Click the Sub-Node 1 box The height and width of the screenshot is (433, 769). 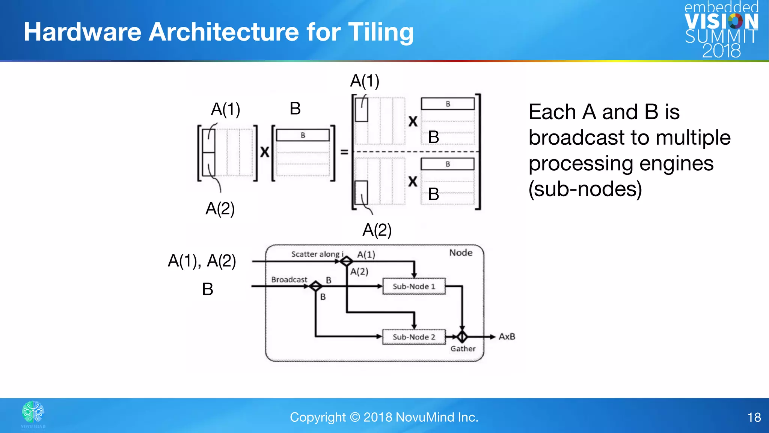[414, 286]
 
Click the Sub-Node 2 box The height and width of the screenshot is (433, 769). [414, 337]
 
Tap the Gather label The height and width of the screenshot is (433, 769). [463, 349]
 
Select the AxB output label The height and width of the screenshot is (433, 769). [507, 336]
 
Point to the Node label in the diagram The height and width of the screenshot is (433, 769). [461, 253]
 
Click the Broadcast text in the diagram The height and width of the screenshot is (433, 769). [289, 280]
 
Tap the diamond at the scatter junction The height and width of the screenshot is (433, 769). [346, 261]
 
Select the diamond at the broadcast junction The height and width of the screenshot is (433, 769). [316, 286]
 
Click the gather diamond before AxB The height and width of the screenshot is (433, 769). [462, 336]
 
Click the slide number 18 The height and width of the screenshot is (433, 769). [754, 417]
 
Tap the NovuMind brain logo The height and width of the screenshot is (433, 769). [33, 412]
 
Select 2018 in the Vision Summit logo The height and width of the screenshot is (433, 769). [721, 51]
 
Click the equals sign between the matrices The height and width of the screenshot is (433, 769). [344, 152]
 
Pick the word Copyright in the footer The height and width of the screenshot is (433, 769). [318, 417]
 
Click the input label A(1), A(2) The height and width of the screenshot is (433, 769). [202, 260]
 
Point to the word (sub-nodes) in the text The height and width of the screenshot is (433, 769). [585, 189]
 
